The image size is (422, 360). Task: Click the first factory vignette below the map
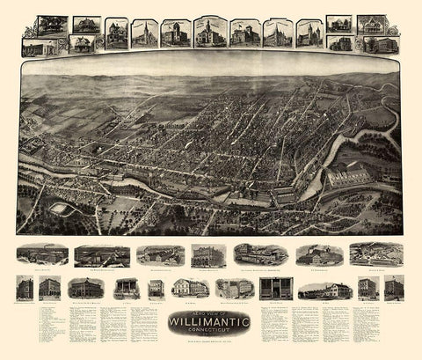click(42, 254)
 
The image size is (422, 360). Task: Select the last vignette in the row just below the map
click(376, 253)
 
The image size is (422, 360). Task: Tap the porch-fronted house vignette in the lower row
click(127, 289)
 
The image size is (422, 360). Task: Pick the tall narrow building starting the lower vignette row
click(24, 288)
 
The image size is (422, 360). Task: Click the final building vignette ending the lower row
click(394, 287)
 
